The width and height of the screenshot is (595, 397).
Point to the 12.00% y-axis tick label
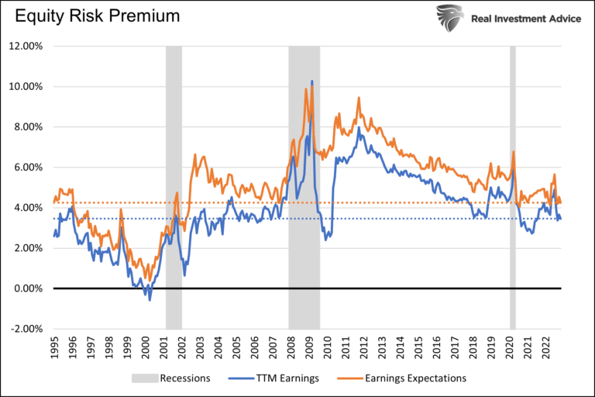coord(26,46)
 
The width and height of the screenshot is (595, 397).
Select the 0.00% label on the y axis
coord(28,288)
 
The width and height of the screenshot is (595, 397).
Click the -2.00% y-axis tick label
coord(26,329)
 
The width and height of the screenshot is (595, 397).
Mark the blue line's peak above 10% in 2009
coord(311,81)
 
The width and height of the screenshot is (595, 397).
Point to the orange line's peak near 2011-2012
coord(359,98)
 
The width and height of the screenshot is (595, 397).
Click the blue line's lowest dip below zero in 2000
coord(150,299)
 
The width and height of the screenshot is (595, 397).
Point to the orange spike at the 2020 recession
coord(513,152)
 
